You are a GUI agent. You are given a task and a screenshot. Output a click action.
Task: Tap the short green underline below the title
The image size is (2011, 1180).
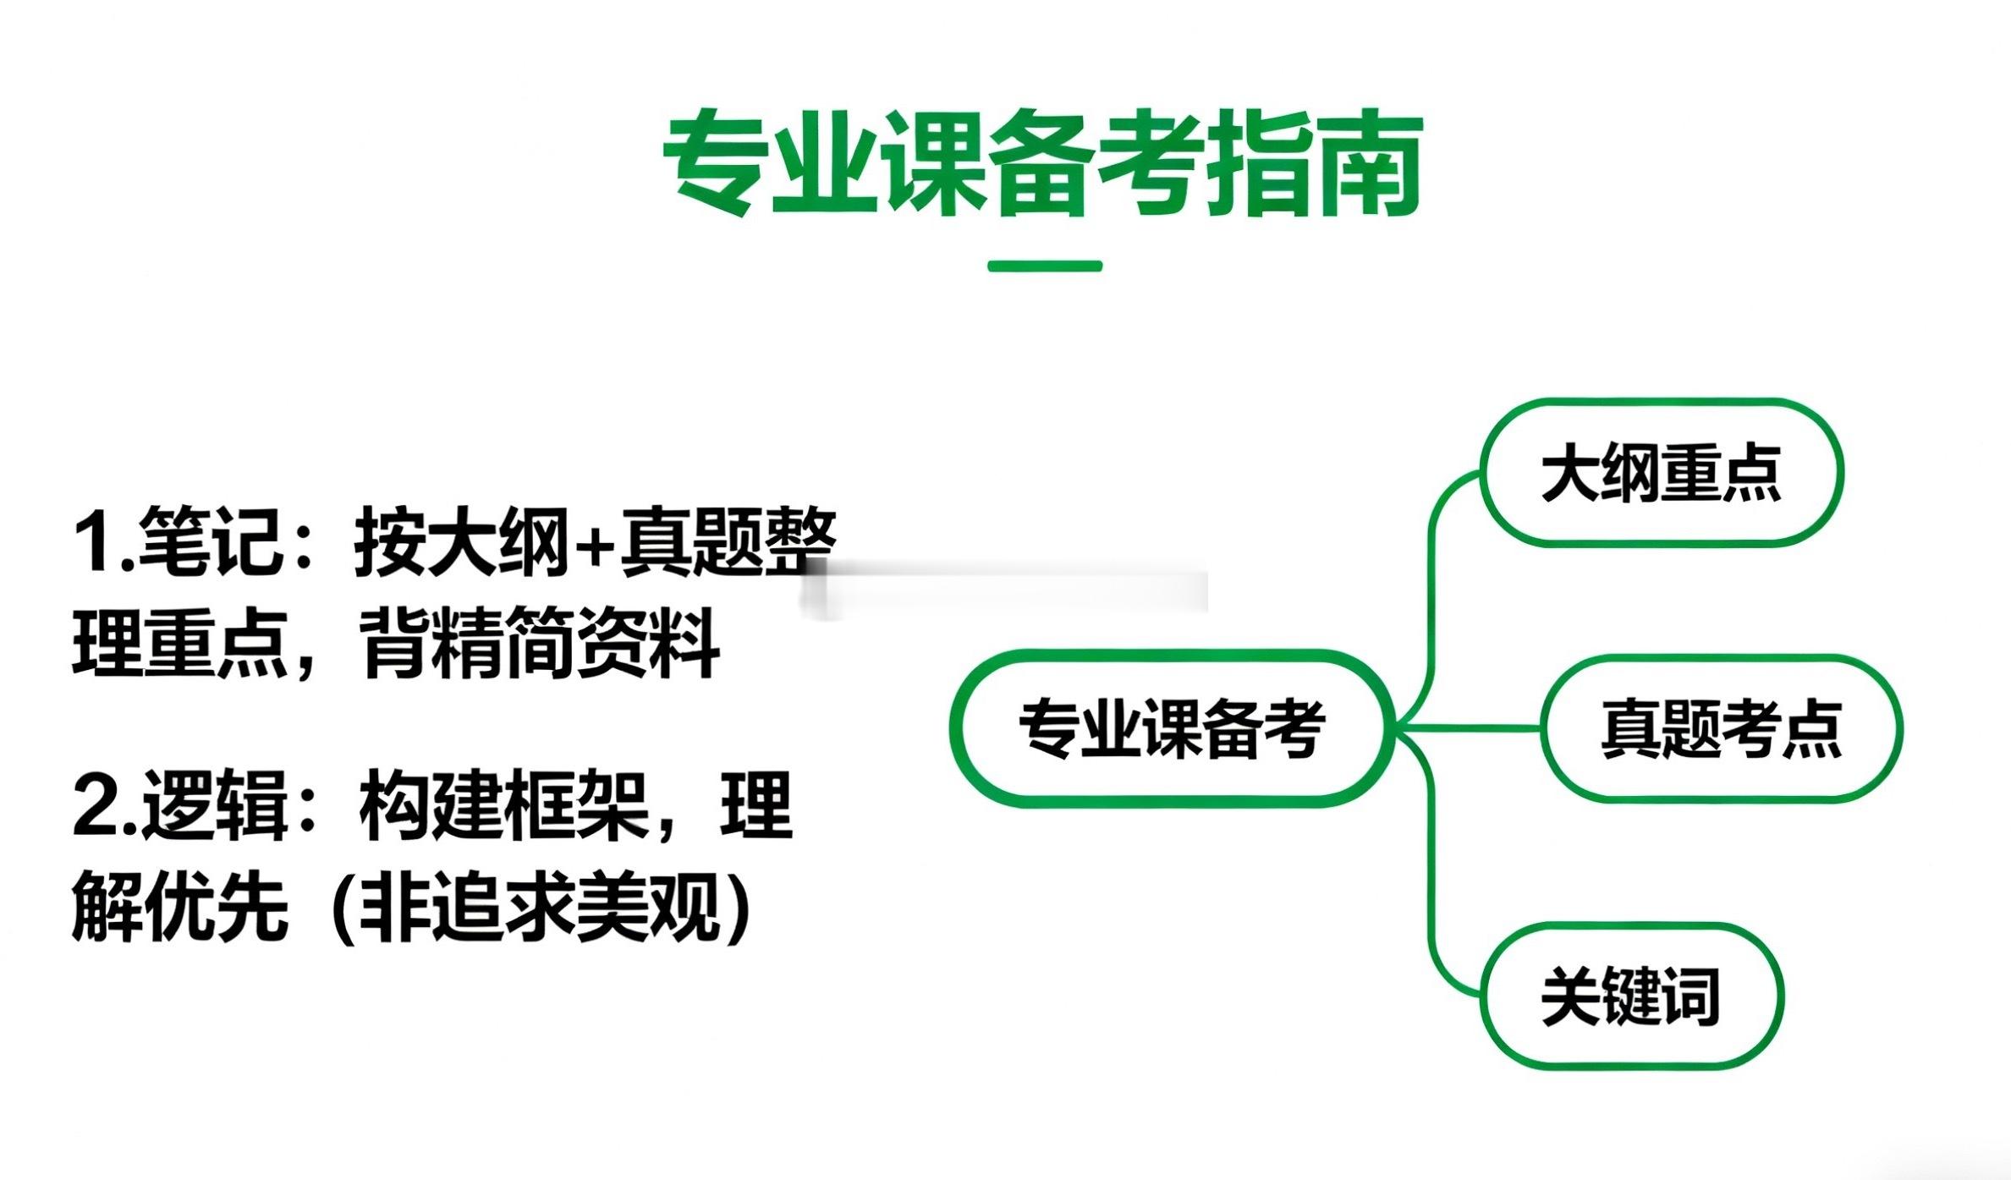(x=1045, y=266)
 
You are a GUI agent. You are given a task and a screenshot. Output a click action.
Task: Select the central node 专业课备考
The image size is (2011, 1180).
(x=1172, y=728)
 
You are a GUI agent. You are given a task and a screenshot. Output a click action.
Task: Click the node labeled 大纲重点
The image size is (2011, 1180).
(x=1661, y=473)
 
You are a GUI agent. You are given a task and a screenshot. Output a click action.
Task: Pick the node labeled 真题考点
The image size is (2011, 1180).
(x=1721, y=728)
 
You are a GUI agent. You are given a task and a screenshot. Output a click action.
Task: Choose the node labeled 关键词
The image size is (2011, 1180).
(x=1630, y=996)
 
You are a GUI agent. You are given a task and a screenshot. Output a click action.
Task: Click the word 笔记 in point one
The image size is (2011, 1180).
(x=212, y=541)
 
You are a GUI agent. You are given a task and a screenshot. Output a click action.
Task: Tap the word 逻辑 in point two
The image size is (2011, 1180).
(x=215, y=805)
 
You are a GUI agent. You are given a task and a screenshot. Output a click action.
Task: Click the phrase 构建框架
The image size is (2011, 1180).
(x=503, y=805)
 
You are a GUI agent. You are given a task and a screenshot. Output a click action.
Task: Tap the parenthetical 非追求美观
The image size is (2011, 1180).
(x=541, y=908)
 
